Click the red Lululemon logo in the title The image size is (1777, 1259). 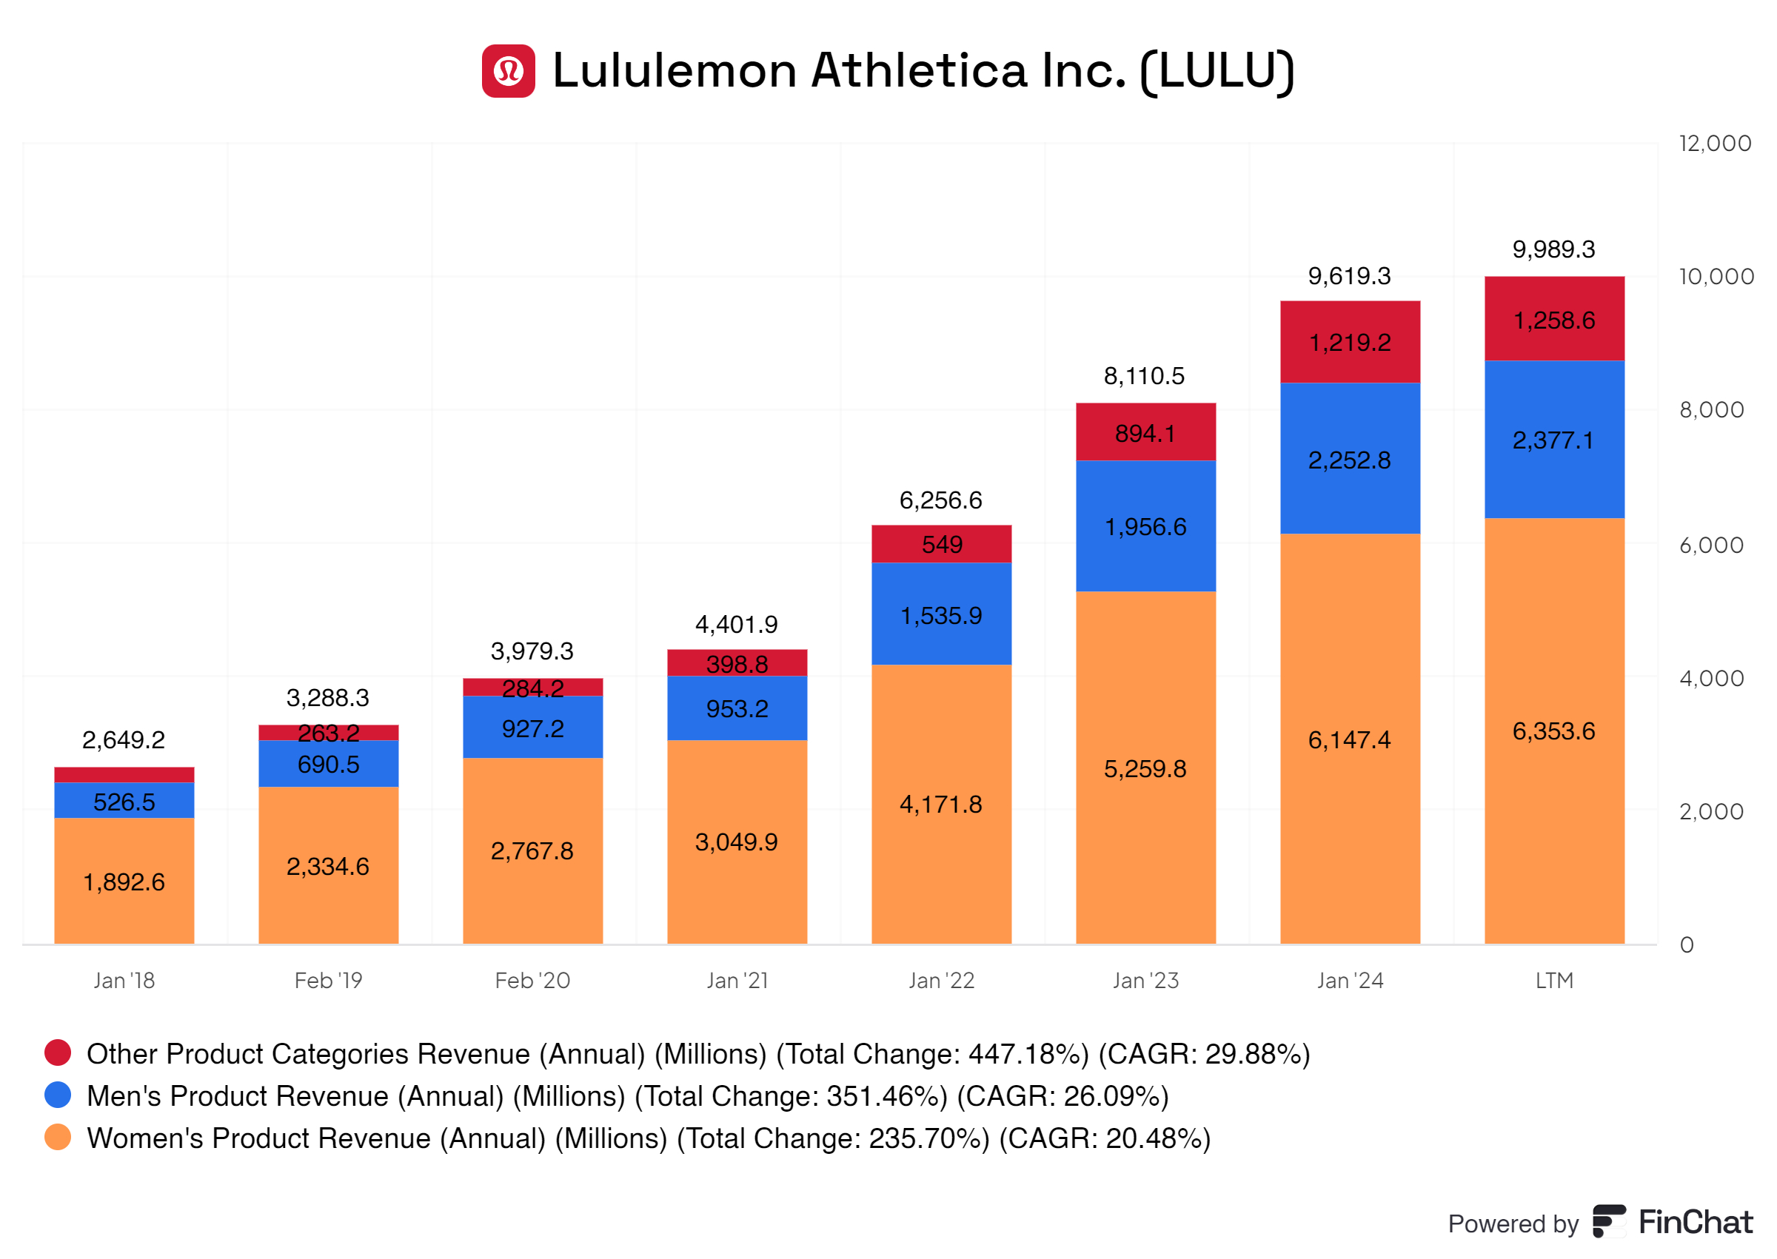(x=508, y=70)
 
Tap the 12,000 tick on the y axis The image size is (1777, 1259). (x=1713, y=144)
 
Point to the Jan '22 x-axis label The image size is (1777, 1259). (x=940, y=981)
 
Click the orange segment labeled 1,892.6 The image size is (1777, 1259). (x=124, y=882)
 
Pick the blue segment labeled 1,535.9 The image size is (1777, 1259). (x=940, y=616)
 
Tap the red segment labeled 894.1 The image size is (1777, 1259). (x=1145, y=432)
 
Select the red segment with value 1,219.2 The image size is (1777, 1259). (x=1349, y=342)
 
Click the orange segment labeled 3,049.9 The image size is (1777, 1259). (x=737, y=842)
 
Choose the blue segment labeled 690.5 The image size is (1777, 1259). (x=328, y=765)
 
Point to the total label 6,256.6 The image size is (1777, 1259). (x=940, y=500)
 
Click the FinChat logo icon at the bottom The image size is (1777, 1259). (x=1609, y=1222)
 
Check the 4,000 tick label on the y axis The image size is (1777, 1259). (x=1710, y=678)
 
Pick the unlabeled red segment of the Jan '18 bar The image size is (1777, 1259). (x=124, y=774)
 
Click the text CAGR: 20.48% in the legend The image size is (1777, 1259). (x=1104, y=1138)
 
